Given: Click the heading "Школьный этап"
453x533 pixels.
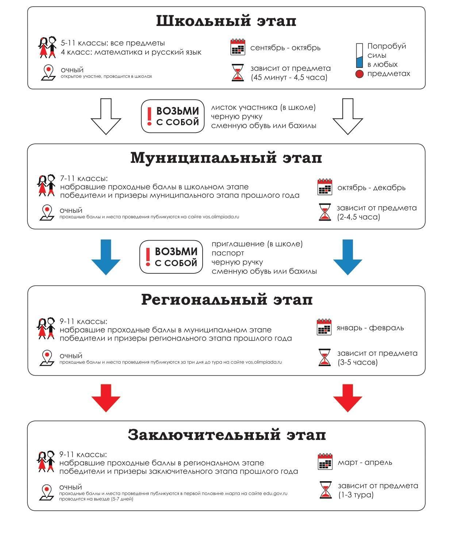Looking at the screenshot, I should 226,21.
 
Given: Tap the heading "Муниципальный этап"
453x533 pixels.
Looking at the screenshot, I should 226,158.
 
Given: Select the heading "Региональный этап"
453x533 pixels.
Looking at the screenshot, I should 227,300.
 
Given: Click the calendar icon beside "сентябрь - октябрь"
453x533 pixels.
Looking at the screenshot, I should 238,47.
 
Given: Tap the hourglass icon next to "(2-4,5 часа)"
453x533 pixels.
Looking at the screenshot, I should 325,212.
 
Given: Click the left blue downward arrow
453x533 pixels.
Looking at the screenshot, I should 105,257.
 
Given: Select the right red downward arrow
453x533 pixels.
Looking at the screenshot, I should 348,398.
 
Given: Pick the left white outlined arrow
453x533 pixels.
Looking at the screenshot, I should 105,116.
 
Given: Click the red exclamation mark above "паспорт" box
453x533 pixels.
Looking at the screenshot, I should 148,257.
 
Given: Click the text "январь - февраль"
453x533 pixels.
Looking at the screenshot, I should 370,328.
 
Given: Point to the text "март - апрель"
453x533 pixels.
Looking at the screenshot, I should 365,463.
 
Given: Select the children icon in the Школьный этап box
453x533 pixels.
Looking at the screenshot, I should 48,47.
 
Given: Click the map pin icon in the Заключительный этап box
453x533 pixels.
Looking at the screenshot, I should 46,492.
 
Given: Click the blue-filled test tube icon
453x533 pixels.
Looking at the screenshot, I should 360,55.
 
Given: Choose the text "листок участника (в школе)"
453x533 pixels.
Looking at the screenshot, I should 263,108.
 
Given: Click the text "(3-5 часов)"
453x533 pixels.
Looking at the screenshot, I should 357,363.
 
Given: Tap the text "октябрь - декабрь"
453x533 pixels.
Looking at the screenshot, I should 371,188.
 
